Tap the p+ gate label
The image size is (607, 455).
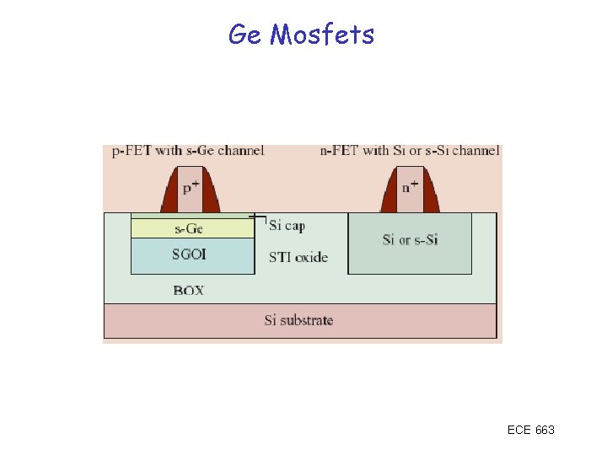pyautogui.click(x=191, y=188)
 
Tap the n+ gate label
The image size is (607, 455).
pyautogui.click(x=410, y=187)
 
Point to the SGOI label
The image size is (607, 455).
pyautogui.click(x=189, y=254)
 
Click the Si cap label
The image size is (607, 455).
pyautogui.click(x=287, y=225)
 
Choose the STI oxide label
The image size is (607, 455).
pyautogui.click(x=298, y=257)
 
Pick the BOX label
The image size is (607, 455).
pyautogui.click(x=189, y=291)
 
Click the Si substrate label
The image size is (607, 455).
pyautogui.click(x=298, y=320)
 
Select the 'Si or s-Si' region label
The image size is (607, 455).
pyautogui.click(x=410, y=240)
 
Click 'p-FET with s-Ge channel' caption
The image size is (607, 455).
pyautogui.click(x=188, y=151)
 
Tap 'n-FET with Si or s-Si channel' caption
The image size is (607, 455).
pyautogui.click(x=410, y=151)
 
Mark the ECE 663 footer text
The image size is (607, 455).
pyautogui.click(x=530, y=430)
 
